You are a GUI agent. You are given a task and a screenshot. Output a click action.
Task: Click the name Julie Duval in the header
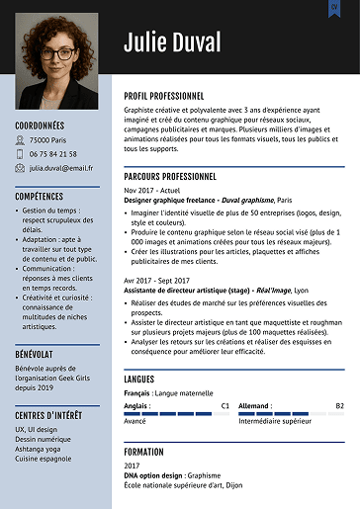(178, 42)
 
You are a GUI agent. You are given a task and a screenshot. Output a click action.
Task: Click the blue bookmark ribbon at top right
(334, 8)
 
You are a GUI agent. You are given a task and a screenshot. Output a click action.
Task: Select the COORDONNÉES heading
(40, 126)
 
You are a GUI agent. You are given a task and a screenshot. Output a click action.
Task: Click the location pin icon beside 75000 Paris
(20, 140)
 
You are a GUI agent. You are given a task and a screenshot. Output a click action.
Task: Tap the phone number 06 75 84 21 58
(53, 154)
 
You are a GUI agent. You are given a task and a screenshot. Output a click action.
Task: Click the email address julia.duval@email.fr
(61, 168)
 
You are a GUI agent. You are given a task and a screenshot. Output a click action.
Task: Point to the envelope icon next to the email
(20, 168)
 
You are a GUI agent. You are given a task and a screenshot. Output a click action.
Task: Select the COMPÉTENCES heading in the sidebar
(40, 196)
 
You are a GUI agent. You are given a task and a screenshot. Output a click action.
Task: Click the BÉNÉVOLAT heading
(35, 353)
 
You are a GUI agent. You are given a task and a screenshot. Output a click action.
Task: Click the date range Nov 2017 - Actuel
(152, 190)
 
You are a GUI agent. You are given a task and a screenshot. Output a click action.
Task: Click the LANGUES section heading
(139, 379)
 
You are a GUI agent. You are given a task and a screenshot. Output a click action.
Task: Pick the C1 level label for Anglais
(225, 405)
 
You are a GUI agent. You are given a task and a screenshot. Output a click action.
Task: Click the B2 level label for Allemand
(339, 405)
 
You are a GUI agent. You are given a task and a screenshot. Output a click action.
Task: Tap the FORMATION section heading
(144, 451)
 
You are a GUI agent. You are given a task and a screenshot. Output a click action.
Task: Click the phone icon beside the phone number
(20, 154)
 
